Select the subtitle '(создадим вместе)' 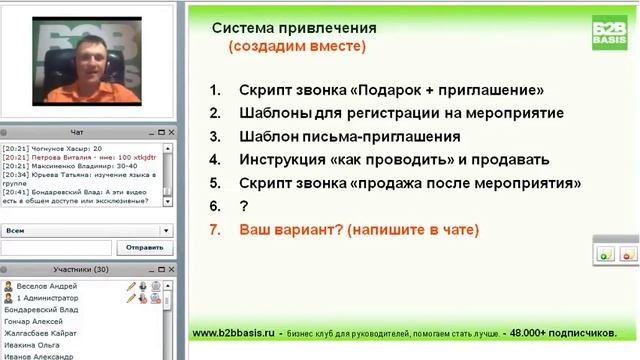(296, 46)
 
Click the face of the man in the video (97, 62)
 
